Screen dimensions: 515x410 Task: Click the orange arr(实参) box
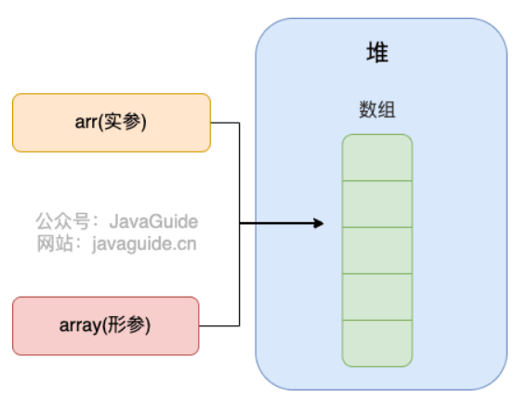[x=112, y=123]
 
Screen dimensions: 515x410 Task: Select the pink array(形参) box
[x=106, y=326]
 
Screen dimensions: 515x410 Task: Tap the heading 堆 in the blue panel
[x=377, y=52]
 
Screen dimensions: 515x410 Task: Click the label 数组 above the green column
[x=377, y=110]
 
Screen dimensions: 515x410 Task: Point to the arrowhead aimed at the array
[x=318, y=223]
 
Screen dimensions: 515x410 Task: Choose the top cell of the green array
[x=377, y=157]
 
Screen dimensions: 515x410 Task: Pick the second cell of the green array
[x=377, y=204]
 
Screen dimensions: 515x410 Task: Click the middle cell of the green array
[x=377, y=250]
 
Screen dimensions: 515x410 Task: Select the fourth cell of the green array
[x=377, y=297]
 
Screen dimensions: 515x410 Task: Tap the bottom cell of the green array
[x=377, y=344]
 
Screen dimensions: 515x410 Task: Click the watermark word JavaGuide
[x=153, y=221]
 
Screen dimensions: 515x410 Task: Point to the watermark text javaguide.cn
[x=144, y=245]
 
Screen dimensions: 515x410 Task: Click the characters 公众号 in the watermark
[x=62, y=221]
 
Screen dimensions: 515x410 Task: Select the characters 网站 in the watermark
[x=55, y=244]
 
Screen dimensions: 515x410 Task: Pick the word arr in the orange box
[x=86, y=123]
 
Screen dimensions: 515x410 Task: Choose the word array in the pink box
[x=80, y=326]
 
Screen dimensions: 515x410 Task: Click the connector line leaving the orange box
[x=240, y=173]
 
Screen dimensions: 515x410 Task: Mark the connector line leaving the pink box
[x=240, y=274]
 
